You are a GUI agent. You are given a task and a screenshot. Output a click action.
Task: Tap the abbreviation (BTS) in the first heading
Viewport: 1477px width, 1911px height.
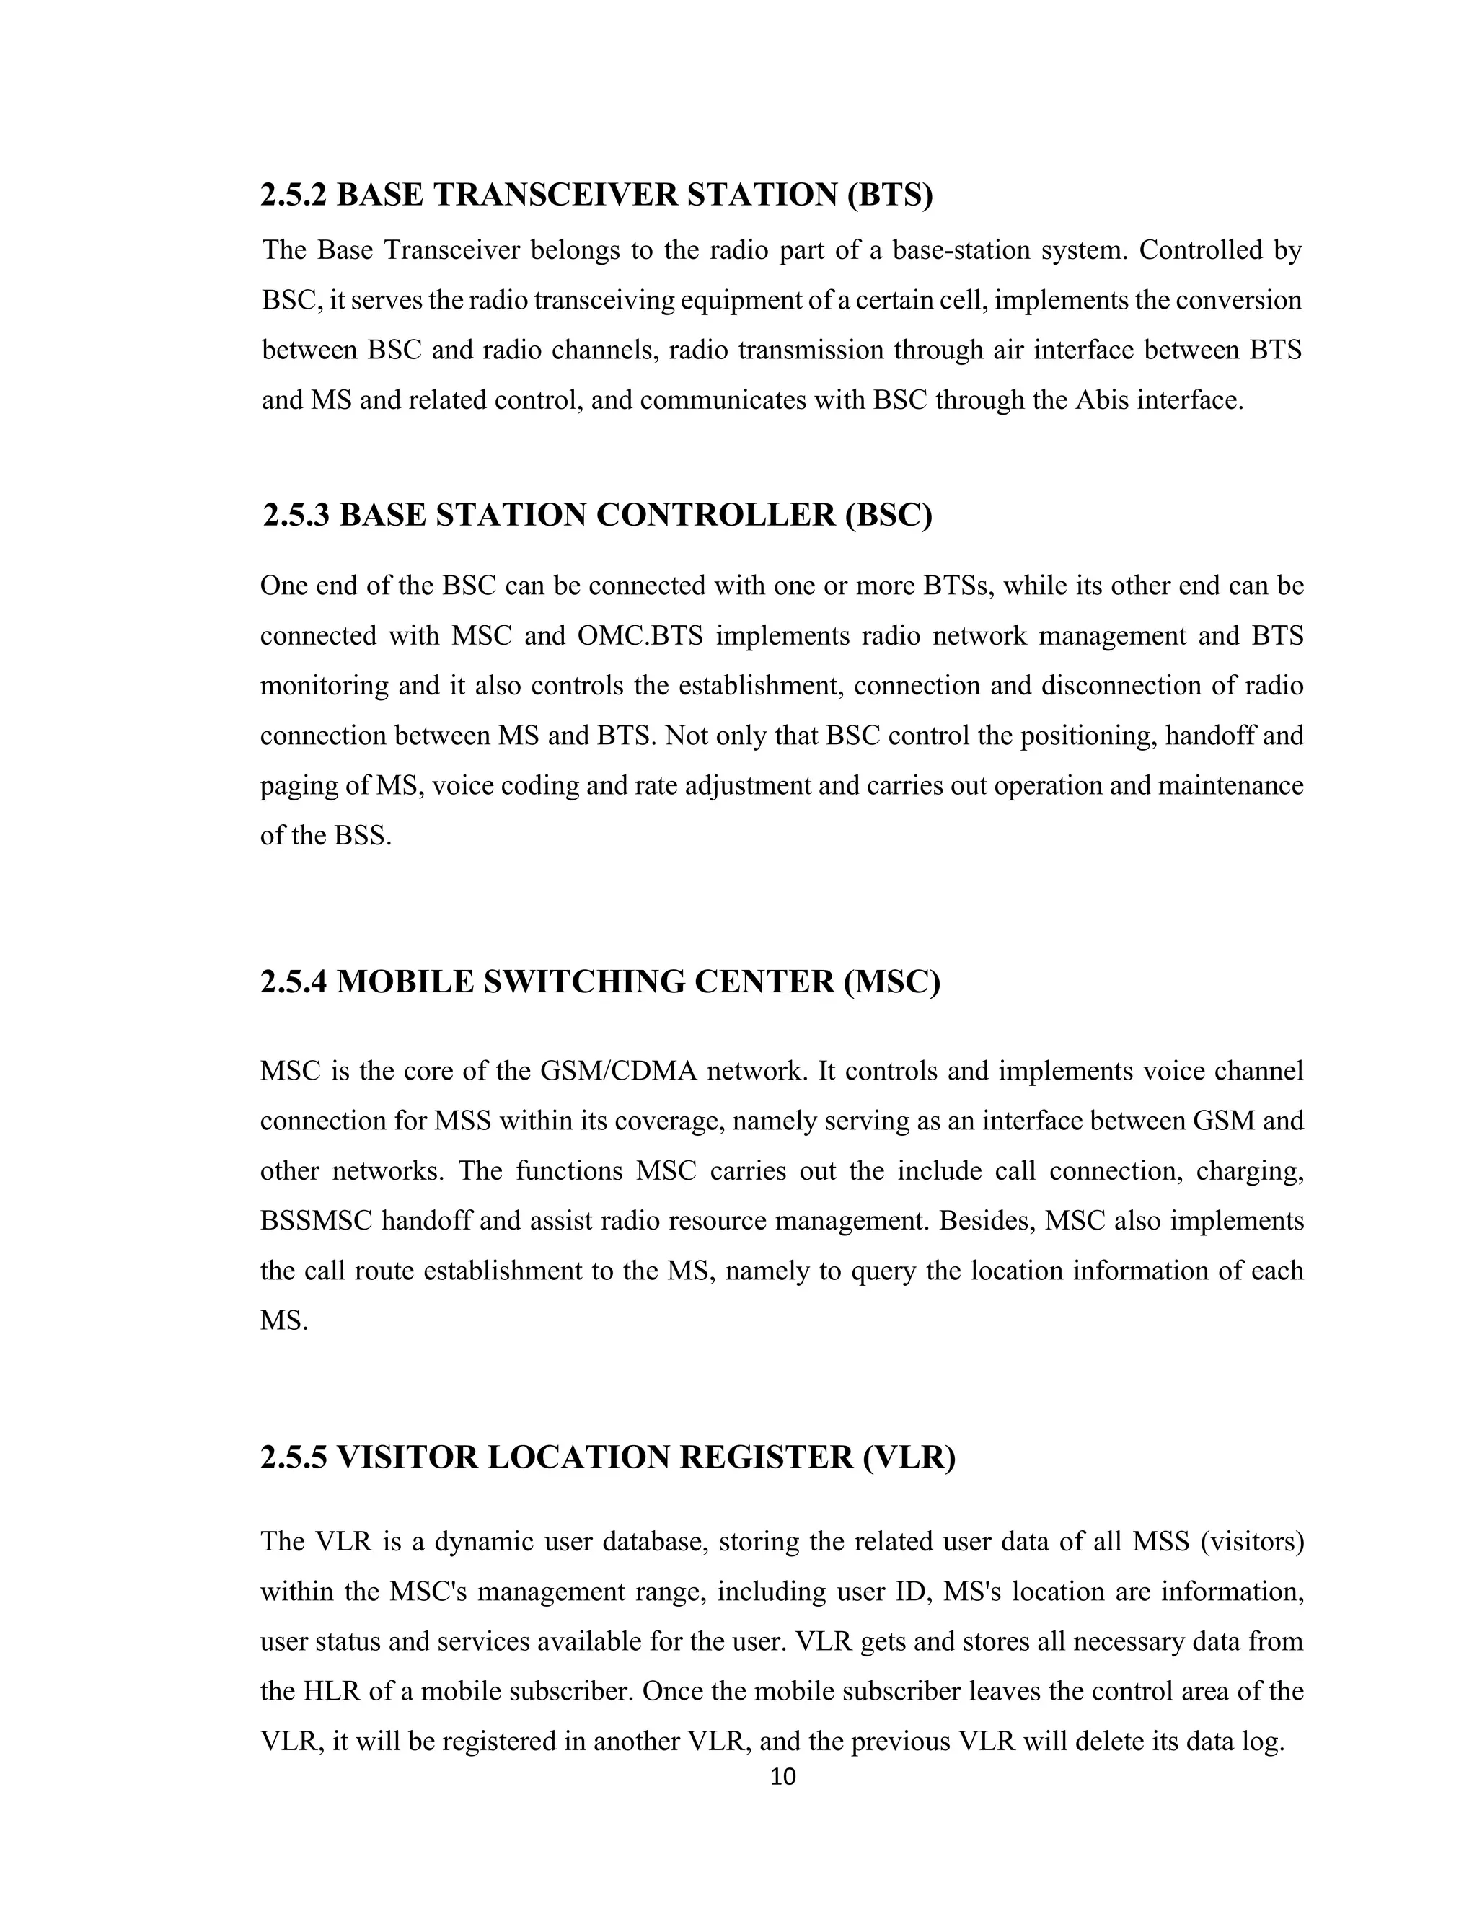point(889,194)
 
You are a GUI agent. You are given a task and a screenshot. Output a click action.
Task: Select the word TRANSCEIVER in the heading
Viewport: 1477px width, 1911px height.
point(555,194)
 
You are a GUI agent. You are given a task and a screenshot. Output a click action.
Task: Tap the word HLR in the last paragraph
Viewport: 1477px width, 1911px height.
point(332,1690)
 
